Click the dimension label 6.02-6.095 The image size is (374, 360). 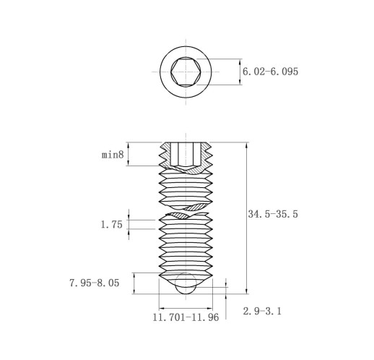coord(270,72)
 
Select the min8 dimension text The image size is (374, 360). coord(113,155)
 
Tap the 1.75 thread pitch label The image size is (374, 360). coord(111,225)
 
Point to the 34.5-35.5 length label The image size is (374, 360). coord(273,214)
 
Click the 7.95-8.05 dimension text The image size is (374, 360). coord(95,283)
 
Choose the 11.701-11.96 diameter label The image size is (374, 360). coord(186,317)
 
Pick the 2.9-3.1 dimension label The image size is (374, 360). coord(262,312)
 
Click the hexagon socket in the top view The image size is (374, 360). coord(186,72)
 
